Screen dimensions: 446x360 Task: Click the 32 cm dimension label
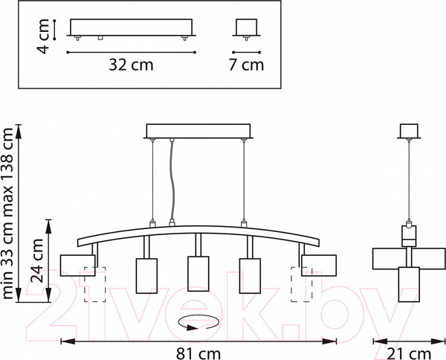pos(131,65)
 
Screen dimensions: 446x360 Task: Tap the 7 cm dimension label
pos(246,65)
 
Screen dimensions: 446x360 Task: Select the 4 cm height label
pos(42,36)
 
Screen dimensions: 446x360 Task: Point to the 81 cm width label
pos(198,354)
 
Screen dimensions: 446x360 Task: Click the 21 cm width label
pos(409,354)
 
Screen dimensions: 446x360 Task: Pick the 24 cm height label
pos(37,260)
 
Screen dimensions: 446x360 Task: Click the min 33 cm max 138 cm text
pos(7,213)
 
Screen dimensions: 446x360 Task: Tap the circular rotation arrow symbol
pos(198,323)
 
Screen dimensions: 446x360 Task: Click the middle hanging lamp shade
pos(198,274)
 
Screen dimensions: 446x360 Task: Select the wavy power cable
pos(171,182)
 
